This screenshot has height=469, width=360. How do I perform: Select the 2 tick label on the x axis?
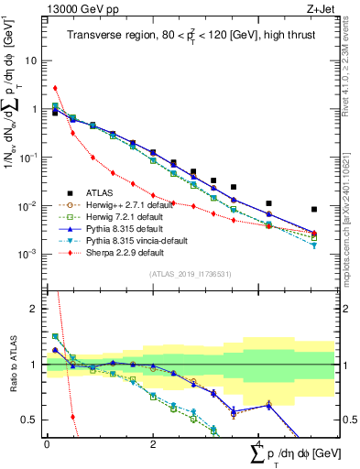(153, 445)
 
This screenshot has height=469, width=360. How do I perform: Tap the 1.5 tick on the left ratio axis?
(33, 336)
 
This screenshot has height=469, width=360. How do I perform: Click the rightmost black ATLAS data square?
(314, 209)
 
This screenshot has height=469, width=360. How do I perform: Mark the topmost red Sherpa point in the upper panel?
(55, 88)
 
